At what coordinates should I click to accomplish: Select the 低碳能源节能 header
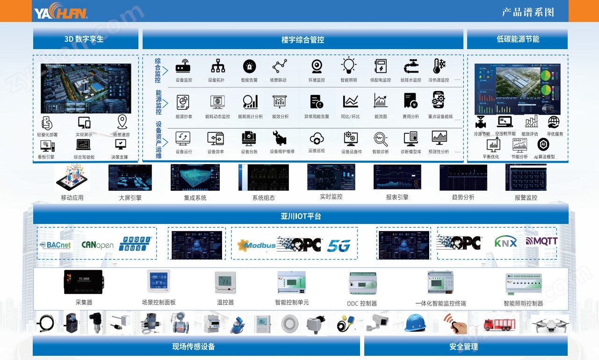click(x=518, y=39)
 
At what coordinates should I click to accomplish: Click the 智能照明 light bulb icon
click(x=348, y=66)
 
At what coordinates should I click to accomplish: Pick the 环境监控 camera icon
click(x=317, y=66)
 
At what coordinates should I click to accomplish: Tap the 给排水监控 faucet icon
click(x=411, y=66)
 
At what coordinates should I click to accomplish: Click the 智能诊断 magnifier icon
click(x=380, y=139)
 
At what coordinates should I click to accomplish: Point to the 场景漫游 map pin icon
click(x=122, y=122)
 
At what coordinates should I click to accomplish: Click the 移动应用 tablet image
click(x=72, y=178)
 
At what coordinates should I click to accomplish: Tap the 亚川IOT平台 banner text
click(x=301, y=216)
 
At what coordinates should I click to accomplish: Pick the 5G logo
click(x=339, y=245)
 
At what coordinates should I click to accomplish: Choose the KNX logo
click(x=505, y=242)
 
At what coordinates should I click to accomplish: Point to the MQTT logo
click(x=541, y=241)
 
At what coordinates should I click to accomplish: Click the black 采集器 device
click(x=84, y=282)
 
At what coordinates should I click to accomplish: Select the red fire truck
click(x=501, y=324)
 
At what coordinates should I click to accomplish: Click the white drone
click(x=549, y=324)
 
